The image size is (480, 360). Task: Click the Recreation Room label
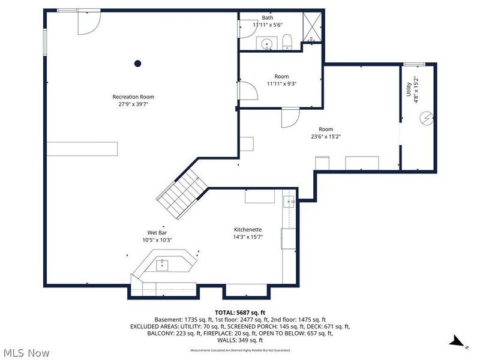133,97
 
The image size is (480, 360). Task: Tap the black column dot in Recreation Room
137,63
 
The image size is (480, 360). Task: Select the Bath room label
267,18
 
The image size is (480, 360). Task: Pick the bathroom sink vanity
267,43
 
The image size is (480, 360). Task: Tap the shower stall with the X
311,27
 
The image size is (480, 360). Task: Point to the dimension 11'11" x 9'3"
281,84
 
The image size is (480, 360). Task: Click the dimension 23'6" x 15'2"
326,136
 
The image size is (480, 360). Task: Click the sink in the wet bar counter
162,265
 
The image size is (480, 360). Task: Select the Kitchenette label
248,230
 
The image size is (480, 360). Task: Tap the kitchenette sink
289,202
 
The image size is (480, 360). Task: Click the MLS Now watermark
26,353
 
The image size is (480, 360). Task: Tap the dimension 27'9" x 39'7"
133,104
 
